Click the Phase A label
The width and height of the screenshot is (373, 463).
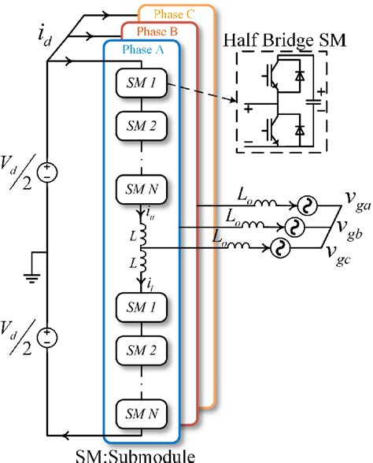[142, 50]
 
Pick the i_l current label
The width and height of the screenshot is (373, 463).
[151, 279]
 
